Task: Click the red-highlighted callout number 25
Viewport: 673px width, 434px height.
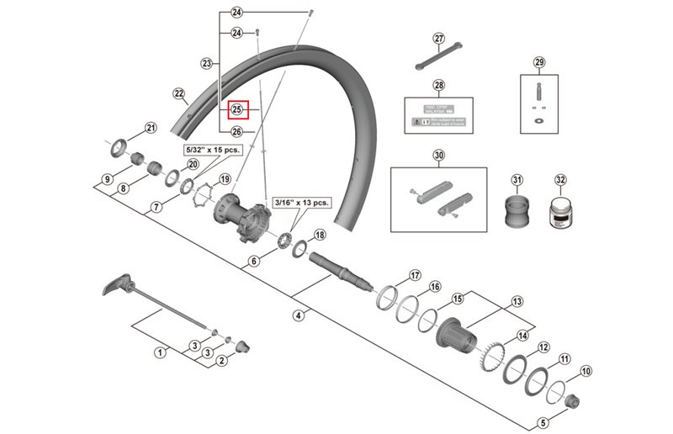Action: (236, 109)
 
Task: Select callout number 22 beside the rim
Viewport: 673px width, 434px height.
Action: (178, 93)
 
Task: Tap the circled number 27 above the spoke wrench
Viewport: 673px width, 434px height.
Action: (438, 39)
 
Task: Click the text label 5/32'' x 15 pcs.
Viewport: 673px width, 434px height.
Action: (213, 149)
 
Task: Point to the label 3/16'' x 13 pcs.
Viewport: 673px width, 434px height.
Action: (304, 203)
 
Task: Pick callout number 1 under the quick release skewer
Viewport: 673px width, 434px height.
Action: (158, 353)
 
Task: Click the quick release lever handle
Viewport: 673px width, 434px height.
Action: (115, 286)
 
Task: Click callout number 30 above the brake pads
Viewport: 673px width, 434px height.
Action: (438, 155)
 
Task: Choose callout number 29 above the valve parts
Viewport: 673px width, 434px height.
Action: (539, 62)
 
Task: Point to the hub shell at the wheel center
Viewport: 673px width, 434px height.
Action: (244, 218)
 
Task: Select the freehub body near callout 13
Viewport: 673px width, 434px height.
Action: (460, 336)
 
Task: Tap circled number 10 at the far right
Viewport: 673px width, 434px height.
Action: (586, 370)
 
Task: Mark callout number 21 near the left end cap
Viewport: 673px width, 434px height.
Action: (151, 129)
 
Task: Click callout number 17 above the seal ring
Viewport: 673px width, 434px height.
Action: (414, 276)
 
